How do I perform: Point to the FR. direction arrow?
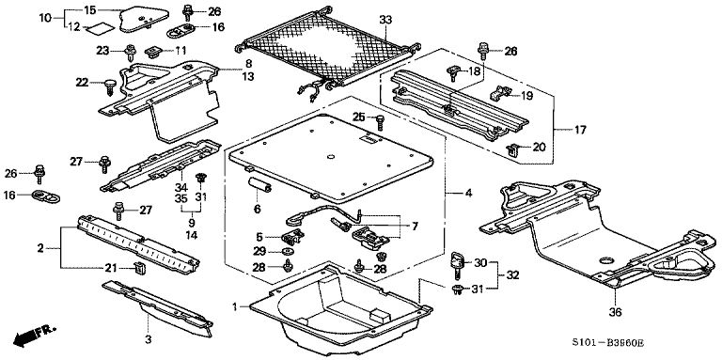point(31,337)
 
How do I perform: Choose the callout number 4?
point(468,195)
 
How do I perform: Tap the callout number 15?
point(90,10)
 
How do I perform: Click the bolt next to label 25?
point(381,122)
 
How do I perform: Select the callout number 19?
point(526,96)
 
